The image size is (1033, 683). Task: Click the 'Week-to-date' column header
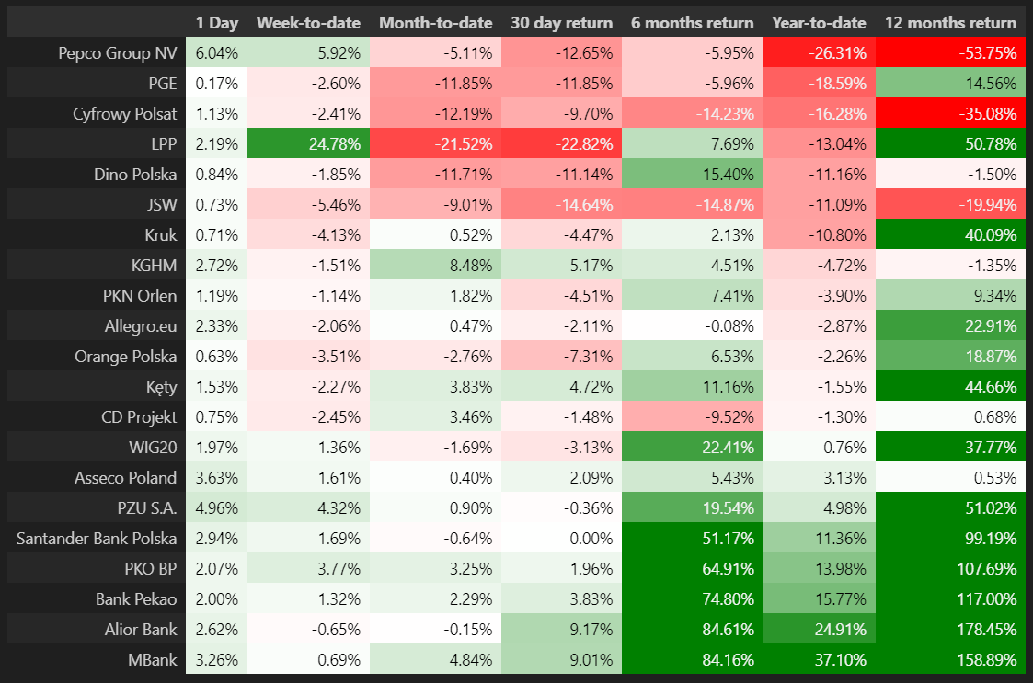(308, 23)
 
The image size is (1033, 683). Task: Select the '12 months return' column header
(950, 23)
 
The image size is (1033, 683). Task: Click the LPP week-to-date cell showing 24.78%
(308, 144)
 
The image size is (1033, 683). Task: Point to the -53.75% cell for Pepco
(950, 53)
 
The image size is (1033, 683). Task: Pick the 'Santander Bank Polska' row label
(97, 539)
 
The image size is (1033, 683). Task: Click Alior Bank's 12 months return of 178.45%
(950, 630)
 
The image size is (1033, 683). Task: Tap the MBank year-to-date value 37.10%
(818, 660)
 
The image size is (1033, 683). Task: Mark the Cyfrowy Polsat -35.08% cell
(950, 114)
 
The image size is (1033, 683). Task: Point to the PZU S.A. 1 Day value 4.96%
(216, 508)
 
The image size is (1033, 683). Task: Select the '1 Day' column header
(216, 23)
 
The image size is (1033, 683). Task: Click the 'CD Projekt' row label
(138, 417)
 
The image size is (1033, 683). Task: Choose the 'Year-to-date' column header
(818, 23)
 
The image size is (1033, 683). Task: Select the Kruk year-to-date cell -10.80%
(818, 235)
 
